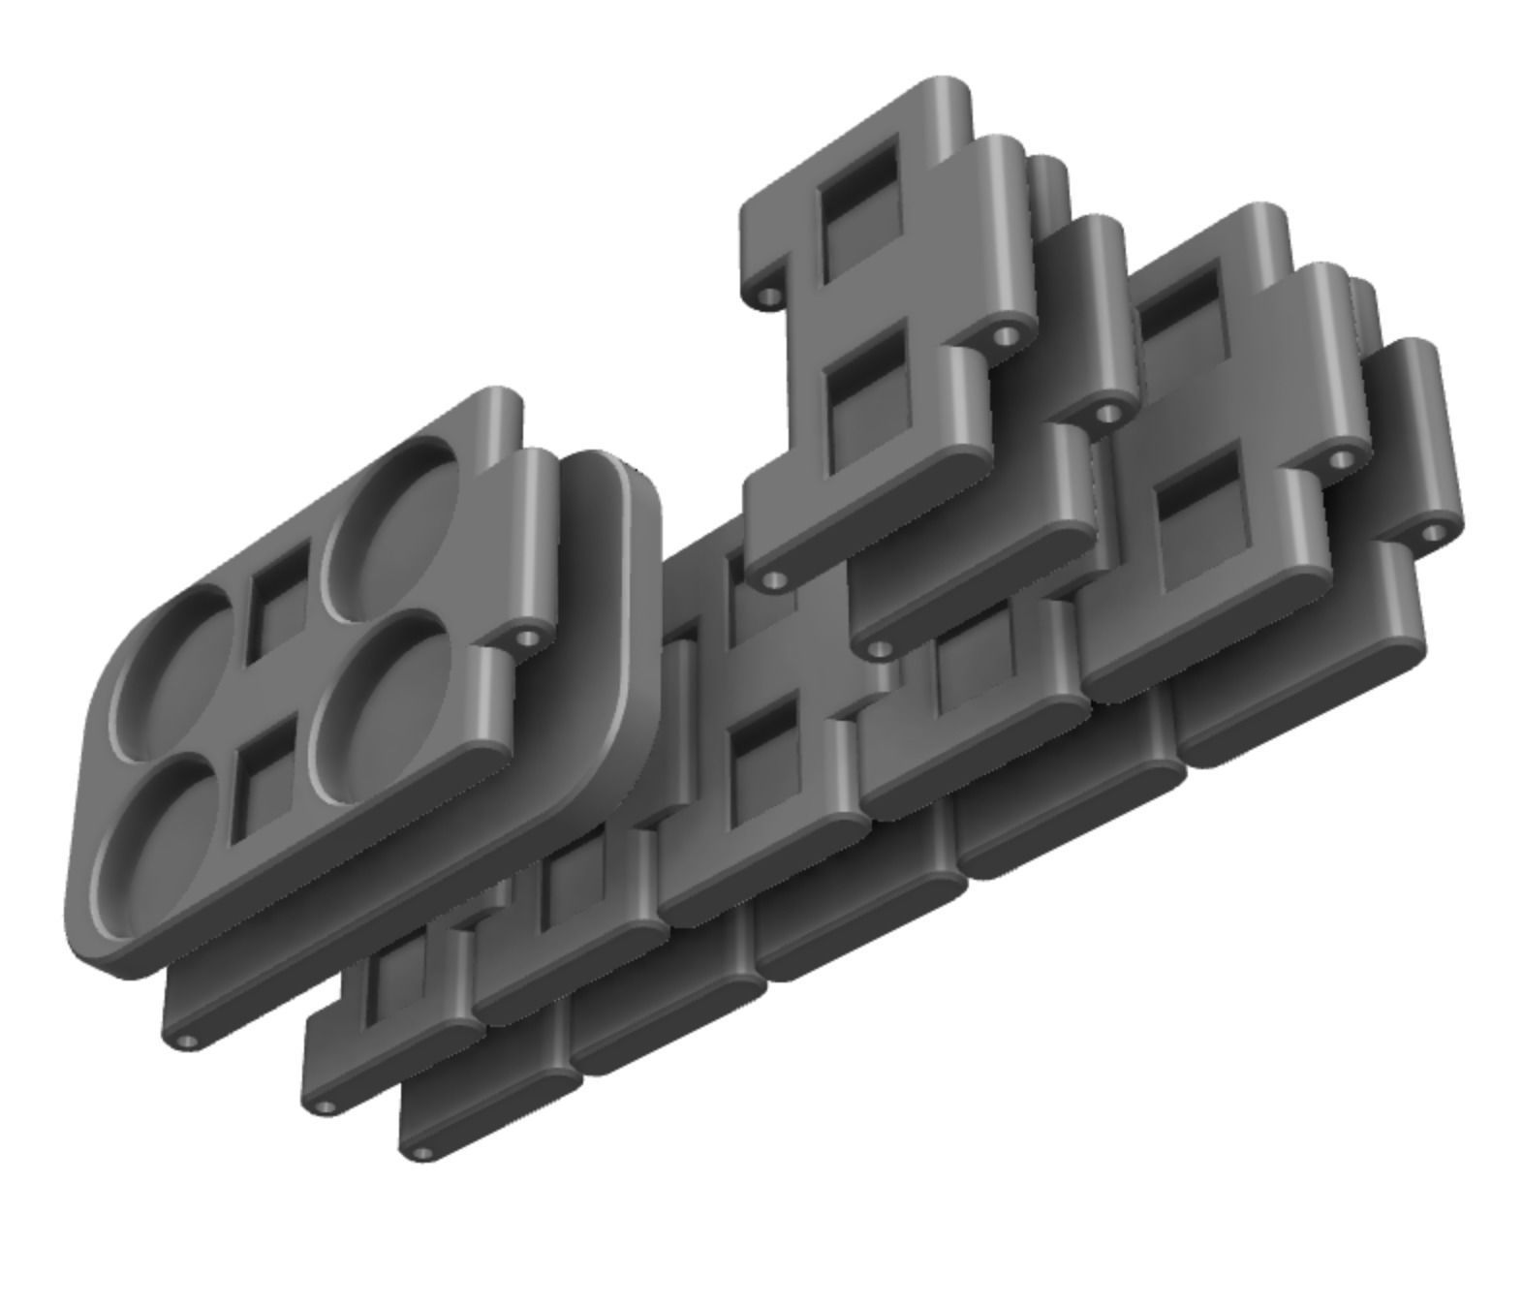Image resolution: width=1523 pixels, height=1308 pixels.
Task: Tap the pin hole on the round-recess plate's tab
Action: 528,638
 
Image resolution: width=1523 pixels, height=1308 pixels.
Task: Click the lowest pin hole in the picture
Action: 422,1153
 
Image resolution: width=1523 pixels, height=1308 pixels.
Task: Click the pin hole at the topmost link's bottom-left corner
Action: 772,579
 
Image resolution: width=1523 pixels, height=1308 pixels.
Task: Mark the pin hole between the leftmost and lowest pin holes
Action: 326,1106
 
